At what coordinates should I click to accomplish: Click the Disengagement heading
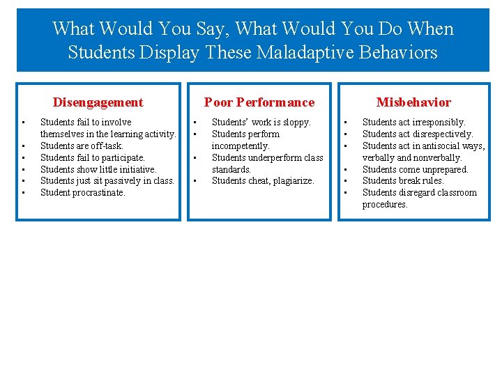tap(98, 102)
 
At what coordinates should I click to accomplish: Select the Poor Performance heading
tap(259, 102)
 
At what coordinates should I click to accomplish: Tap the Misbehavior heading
tap(413, 102)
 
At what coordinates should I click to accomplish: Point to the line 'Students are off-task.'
tap(82, 146)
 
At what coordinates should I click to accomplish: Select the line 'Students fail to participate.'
tap(93, 157)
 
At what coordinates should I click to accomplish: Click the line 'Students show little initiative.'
tap(98, 169)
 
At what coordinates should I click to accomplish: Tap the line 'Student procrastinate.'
tap(83, 192)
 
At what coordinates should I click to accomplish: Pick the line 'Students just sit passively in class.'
tap(107, 181)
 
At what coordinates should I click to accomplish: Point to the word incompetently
tap(241, 146)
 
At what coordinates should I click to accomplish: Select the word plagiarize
tap(293, 181)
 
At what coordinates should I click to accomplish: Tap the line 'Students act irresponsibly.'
tap(413, 123)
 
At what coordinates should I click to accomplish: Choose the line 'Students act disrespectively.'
tap(417, 134)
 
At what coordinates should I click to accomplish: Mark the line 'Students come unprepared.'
tap(415, 169)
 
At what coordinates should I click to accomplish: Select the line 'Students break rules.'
tap(402, 181)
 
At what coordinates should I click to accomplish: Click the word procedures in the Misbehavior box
tap(385, 205)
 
